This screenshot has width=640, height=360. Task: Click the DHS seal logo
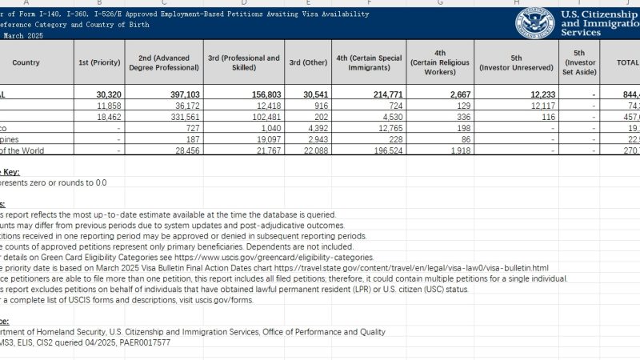[x=534, y=22]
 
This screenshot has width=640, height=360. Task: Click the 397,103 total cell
[x=175, y=94]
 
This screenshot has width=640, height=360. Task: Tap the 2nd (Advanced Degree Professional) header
[x=169, y=62]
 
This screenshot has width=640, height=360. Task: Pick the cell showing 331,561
[x=176, y=117]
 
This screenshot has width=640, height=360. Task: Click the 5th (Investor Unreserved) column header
[x=515, y=62]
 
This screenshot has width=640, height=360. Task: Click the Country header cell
[x=26, y=62]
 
